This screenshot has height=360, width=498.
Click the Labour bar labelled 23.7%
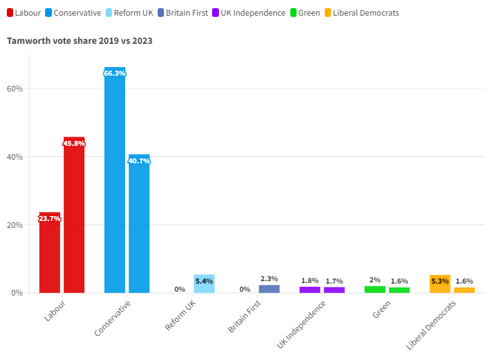pyautogui.click(x=49, y=254)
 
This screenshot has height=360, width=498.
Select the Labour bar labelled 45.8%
pyautogui.click(x=74, y=215)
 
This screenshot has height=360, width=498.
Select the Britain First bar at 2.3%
pyautogui.click(x=269, y=289)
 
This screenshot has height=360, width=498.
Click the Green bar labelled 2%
pyautogui.click(x=375, y=290)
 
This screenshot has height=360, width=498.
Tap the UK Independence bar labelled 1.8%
pyautogui.click(x=310, y=290)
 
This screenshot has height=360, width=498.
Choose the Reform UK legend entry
pyautogui.click(x=133, y=13)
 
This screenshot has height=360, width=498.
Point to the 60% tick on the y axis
pyautogui.click(x=15, y=88)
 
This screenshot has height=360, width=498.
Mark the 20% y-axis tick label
pyautogui.click(x=15, y=225)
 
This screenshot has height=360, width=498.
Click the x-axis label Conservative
pyautogui.click(x=113, y=319)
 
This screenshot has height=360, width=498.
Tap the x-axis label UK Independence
pyautogui.click(x=302, y=324)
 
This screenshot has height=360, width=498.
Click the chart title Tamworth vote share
pyautogui.click(x=79, y=41)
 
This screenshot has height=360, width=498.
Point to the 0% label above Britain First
pyautogui.click(x=245, y=289)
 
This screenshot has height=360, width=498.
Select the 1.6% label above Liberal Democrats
pyautogui.click(x=464, y=281)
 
